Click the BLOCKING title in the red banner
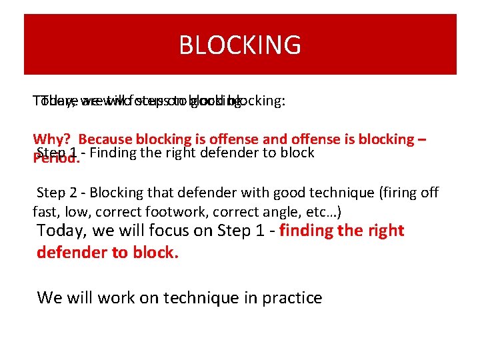click(240, 45)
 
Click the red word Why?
click(53, 139)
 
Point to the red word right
click(382, 231)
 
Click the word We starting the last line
click(48, 297)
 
